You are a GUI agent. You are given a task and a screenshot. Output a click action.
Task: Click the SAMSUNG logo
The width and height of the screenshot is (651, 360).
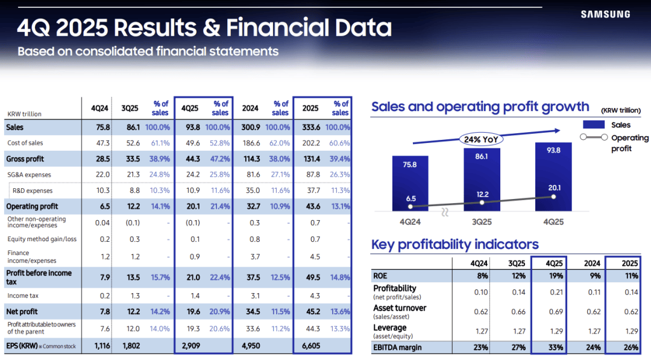(605, 14)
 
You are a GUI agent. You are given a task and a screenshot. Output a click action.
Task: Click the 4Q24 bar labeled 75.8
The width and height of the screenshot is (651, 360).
(410, 183)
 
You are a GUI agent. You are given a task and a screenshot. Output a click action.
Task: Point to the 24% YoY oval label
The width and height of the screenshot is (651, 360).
(482, 139)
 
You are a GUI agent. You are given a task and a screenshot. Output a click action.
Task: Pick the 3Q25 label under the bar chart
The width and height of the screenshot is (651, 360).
(482, 221)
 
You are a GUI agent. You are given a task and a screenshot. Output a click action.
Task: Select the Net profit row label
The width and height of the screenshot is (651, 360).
(22, 311)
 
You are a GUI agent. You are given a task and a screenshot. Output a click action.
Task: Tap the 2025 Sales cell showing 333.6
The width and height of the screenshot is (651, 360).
(311, 127)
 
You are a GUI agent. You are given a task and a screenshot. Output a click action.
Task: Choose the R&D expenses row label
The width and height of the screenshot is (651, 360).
(33, 191)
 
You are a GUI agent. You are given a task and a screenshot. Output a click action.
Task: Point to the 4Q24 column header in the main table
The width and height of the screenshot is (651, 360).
(99, 109)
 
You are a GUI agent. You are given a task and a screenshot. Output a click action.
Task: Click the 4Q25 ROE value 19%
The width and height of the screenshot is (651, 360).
(555, 276)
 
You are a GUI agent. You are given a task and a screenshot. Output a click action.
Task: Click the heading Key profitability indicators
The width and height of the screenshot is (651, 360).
(455, 244)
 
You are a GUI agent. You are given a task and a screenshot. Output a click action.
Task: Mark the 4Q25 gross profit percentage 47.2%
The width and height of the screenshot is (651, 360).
(219, 159)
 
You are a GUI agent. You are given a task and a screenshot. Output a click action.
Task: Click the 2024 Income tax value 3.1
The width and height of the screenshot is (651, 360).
(254, 296)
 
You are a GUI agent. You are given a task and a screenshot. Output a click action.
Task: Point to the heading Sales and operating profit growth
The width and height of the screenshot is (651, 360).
(480, 107)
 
